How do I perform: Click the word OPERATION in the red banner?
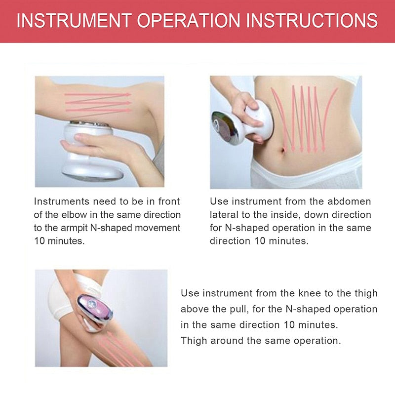[x=189, y=20]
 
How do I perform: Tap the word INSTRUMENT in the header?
[x=74, y=20]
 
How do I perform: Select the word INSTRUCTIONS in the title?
[x=312, y=20]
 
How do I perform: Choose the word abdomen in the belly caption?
[x=349, y=201]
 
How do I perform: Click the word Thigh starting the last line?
[x=194, y=341]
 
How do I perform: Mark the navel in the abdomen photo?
[x=283, y=151]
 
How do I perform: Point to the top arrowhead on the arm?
[x=128, y=94]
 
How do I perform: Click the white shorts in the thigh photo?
[x=62, y=300]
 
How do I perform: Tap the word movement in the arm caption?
[x=158, y=228]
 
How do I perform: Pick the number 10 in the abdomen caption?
[x=260, y=241]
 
